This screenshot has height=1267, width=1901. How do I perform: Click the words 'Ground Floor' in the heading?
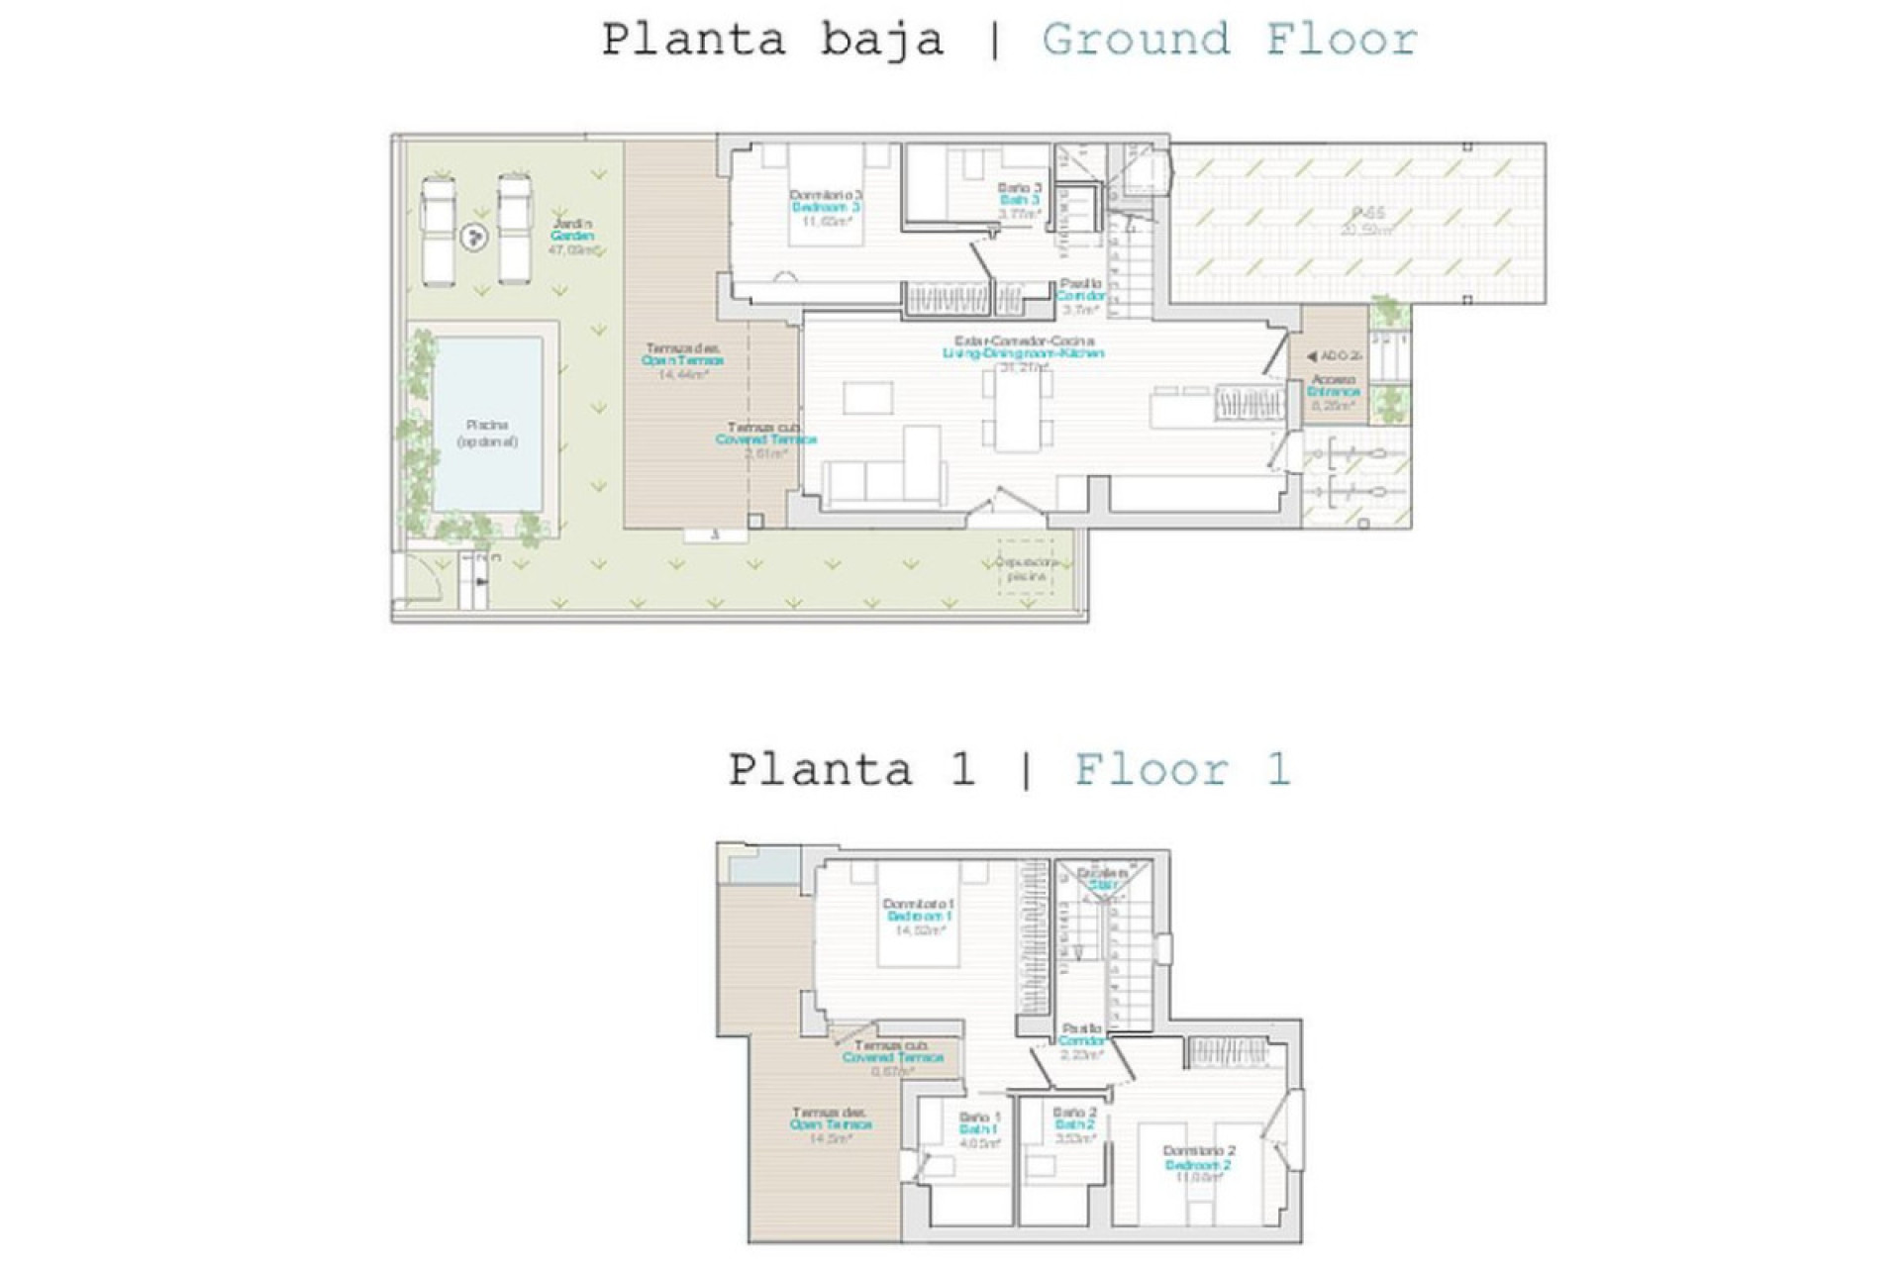(x=1229, y=41)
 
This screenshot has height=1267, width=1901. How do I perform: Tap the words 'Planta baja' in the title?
(x=772, y=41)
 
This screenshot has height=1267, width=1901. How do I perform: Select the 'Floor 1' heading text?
(x=1182, y=770)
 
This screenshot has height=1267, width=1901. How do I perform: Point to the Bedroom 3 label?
(x=826, y=208)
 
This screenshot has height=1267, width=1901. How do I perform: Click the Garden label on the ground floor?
(x=572, y=237)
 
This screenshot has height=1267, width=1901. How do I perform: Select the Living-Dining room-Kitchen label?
(x=1023, y=353)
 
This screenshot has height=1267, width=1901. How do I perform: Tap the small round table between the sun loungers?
(x=475, y=237)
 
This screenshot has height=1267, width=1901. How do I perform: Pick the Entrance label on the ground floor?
(x=1334, y=392)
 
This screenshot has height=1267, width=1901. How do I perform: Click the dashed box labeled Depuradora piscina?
(x=1026, y=567)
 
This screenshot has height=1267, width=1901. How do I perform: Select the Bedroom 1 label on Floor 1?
(x=919, y=917)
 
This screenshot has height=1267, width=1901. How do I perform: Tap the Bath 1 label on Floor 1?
(x=978, y=1129)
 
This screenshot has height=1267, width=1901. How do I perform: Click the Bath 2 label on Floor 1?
(x=1074, y=1125)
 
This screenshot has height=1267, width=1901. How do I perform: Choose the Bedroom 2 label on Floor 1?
(x=1198, y=1165)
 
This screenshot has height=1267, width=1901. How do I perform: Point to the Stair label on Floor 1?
(x=1102, y=885)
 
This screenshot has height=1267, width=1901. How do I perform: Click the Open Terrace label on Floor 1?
(x=831, y=1124)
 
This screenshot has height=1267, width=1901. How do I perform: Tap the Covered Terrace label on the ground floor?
(x=765, y=439)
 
